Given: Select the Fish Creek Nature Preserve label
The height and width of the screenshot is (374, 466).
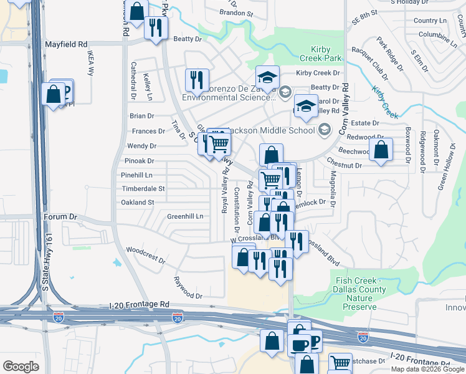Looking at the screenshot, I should click(360, 294).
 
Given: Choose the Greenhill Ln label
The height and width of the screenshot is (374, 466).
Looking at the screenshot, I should click(185, 216).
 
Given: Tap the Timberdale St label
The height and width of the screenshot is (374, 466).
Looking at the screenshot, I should click(143, 188).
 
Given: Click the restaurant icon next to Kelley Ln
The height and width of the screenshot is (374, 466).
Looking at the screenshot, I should click(196, 80).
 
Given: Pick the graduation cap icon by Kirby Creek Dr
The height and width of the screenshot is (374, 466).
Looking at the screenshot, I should click(267, 78).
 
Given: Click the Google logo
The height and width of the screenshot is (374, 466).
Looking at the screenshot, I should click(21, 367).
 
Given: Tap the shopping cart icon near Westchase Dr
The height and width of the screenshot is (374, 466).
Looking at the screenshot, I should click(340, 363).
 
